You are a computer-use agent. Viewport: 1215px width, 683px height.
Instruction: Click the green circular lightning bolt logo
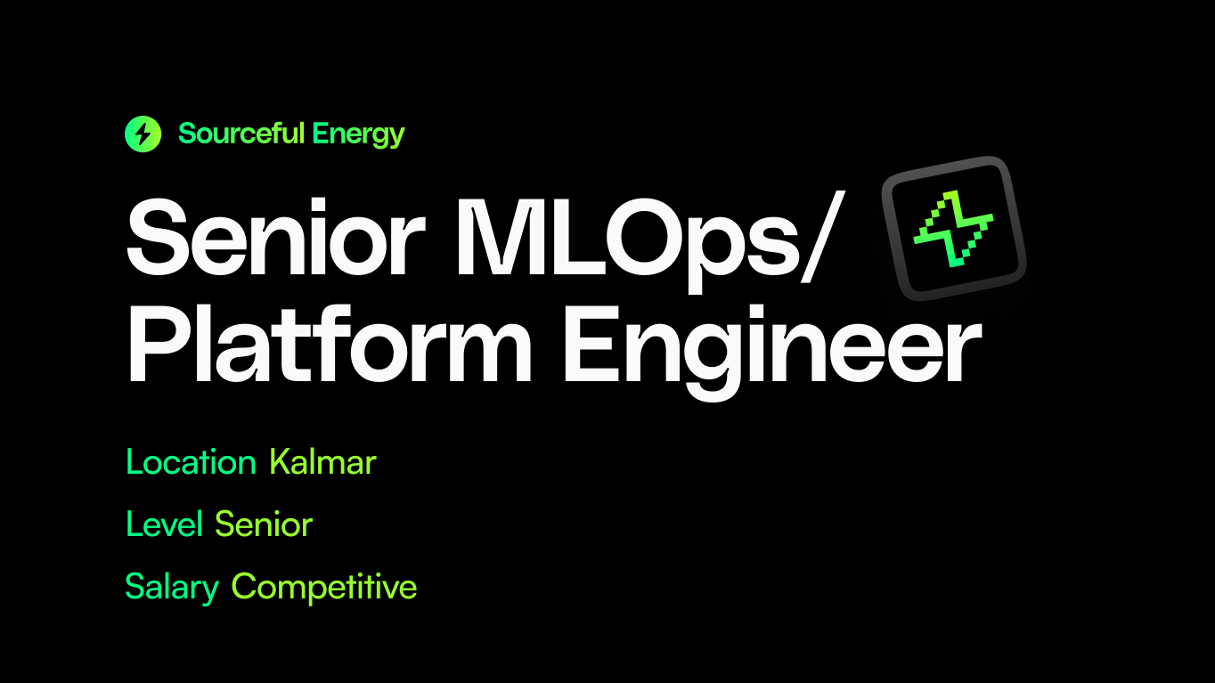pyautogui.click(x=143, y=134)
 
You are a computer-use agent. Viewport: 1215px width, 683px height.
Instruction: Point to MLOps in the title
pyautogui.click(x=624, y=233)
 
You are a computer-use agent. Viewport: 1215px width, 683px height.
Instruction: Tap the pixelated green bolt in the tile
pyautogui.click(x=954, y=229)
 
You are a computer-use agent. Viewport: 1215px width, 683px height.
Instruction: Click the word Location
pyautogui.click(x=191, y=462)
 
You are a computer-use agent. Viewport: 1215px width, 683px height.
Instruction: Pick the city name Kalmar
pyautogui.click(x=322, y=462)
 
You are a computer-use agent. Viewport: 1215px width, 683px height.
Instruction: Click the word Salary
pyautogui.click(x=172, y=587)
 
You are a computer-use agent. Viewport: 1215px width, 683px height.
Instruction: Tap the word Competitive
pyautogui.click(x=324, y=587)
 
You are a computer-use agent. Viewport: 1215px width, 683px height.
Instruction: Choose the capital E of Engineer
pyautogui.click(x=591, y=343)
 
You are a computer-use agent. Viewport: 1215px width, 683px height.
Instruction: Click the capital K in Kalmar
pyautogui.click(x=282, y=462)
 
